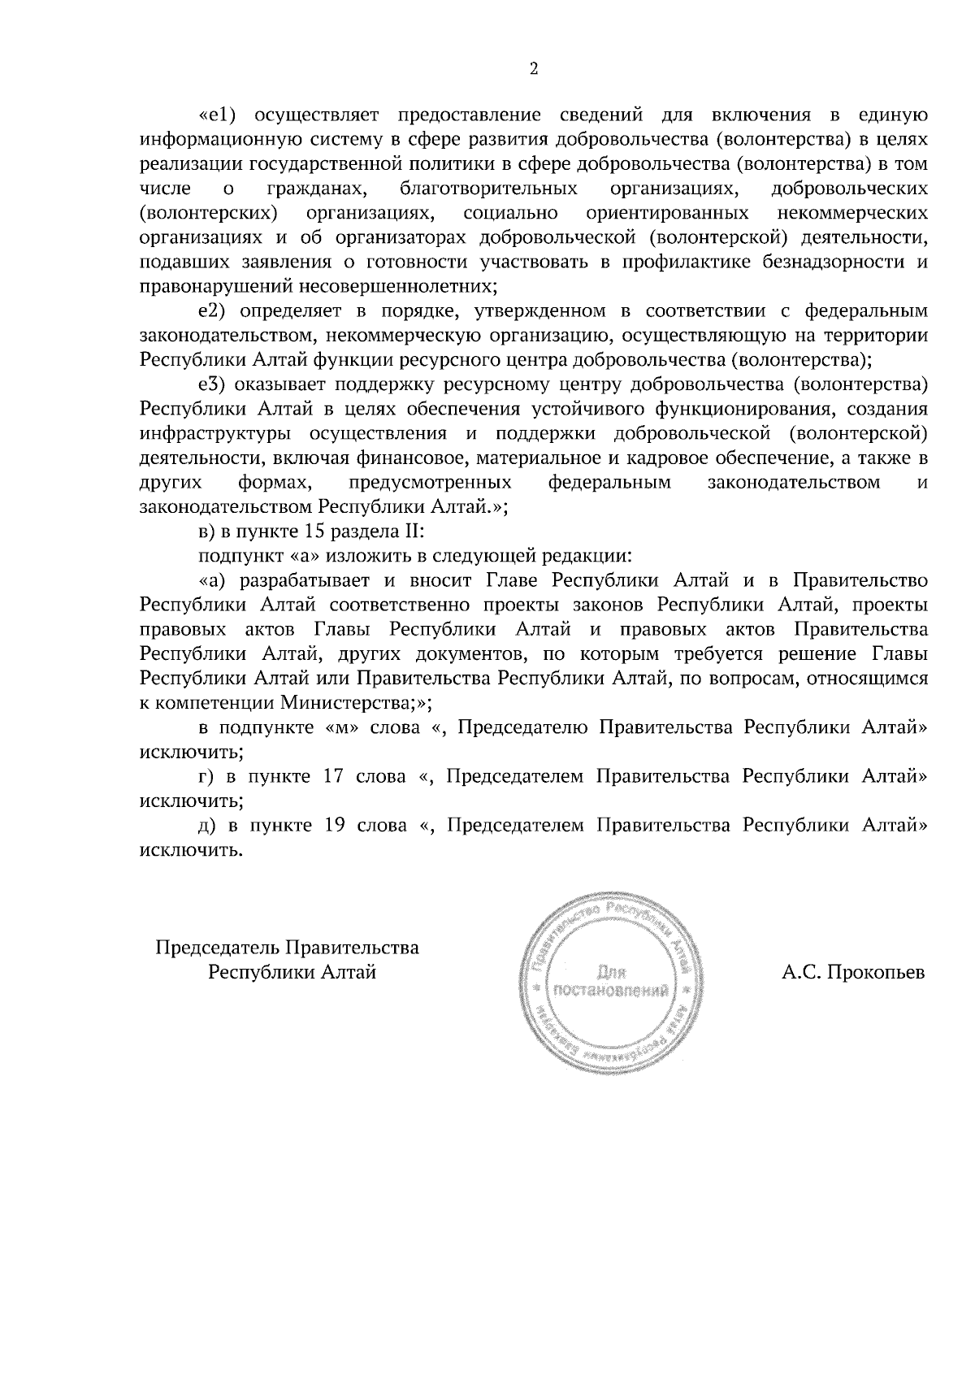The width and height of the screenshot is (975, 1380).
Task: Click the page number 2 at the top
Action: [533, 68]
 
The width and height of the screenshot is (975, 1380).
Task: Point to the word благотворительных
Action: [488, 189]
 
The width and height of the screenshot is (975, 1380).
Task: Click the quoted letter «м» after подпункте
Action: [341, 727]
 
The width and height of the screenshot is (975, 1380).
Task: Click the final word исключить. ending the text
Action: [192, 850]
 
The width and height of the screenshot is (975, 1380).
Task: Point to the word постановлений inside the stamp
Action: [610, 991]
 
